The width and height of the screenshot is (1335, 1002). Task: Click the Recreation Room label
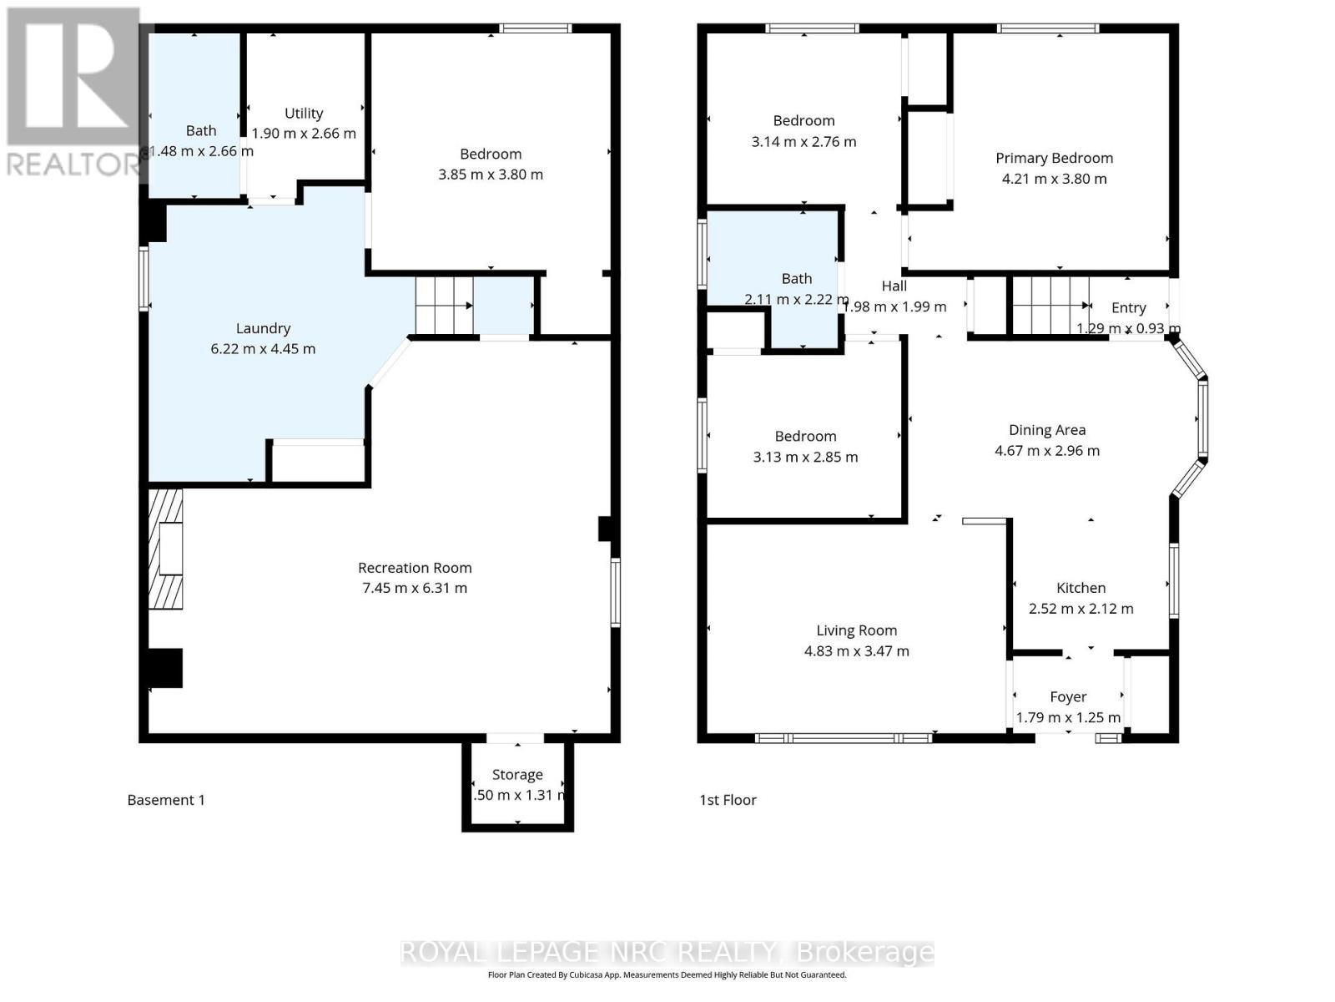coord(415,568)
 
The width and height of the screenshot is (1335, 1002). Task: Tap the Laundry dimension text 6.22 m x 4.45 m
coord(263,349)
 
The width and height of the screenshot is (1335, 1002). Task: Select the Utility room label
coord(304,114)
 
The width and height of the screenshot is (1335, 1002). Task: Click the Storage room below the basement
coord(517,785)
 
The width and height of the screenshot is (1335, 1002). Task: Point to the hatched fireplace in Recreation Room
coord(165,549)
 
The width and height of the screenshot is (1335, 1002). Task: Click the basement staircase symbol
coord(445,306)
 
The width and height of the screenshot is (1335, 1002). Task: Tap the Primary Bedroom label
coord(1054,158)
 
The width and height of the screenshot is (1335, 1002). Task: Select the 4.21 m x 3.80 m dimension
coord(1054,179)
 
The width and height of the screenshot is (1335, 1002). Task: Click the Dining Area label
coord(1047,430)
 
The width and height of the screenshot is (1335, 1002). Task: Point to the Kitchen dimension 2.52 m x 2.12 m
coord(1081,609)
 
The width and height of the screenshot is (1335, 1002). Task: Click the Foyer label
coord(1068,696)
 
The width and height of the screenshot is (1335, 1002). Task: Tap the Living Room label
coord(856,630)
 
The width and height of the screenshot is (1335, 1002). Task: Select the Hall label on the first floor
coord(894,286)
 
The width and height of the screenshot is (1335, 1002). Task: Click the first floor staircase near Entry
coord(1050,306)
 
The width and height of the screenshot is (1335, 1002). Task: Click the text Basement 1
coord(166,800)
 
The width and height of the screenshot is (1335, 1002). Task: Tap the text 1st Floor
coord(728,800)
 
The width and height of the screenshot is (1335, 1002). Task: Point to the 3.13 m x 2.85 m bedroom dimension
coord(805,457)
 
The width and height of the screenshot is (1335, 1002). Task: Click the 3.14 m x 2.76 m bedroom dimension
coord(804,142)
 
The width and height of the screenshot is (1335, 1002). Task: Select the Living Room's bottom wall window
coord(843,737)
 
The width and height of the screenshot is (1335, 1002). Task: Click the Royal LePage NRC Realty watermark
coord(667,952)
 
